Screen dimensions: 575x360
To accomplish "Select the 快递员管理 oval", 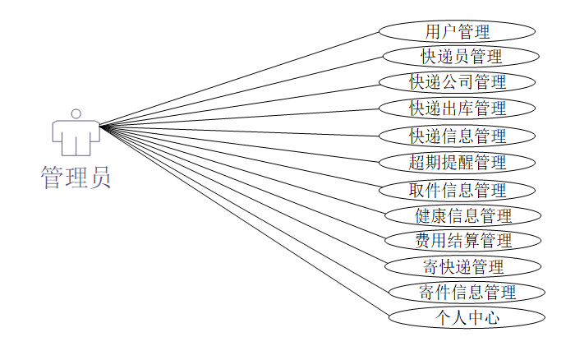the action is tap(461, 57).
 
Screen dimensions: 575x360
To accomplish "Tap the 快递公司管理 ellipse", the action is tap(458, 82).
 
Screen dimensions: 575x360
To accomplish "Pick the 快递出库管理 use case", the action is tap(458, 108).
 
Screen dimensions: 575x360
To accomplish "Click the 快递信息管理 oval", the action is tap(458, 135).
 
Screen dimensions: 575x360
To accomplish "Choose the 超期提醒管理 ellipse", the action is tap(458, 162).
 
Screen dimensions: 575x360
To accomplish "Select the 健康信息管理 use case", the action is tap(463, 216).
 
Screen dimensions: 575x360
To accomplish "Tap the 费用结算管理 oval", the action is tap(463, 241).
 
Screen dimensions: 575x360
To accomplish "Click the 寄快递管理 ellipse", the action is tap(463, 266).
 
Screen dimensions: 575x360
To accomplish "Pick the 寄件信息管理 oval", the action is tap(467, 292).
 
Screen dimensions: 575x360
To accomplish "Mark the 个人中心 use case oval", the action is tap(467, 317).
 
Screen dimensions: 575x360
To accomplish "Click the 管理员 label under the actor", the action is tap(76, 178).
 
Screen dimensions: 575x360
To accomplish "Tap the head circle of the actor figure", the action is tap(76, 113).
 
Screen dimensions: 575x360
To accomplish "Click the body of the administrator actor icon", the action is tap(76, 136).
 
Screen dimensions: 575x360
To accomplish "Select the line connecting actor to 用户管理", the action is tap(238, 80).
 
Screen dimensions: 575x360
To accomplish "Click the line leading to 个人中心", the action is tap(243, 221).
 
